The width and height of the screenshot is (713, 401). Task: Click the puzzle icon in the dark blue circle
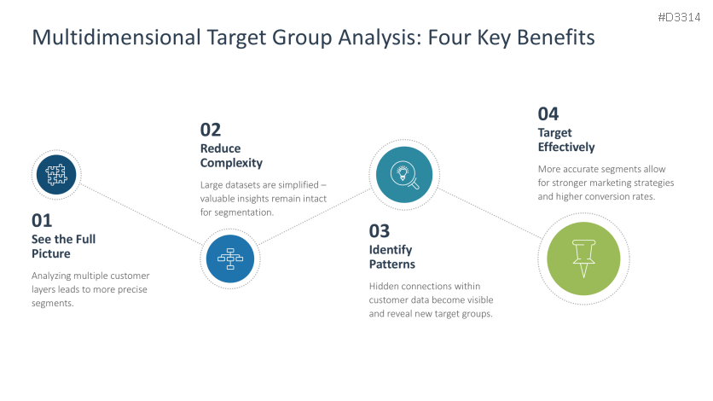tap(56, 175)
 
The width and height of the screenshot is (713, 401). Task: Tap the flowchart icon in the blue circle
tap(230, 259)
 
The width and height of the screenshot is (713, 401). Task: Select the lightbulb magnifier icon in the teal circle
tap(404, 175)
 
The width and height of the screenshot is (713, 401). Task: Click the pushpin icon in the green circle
tap(584, 259)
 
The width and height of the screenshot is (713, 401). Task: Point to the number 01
tap(42, 220)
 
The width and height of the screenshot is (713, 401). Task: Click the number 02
tap(211, 130)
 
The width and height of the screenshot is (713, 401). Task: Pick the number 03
tap(380, 231)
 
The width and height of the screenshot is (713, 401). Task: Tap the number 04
tap(548, 114)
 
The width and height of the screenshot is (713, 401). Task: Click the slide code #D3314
tap(679, 17)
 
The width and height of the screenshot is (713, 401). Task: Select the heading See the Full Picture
tap(63, 246)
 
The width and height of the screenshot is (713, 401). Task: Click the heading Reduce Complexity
tap(231, 155)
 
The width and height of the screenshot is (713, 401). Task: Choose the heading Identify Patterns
tap(392, 257)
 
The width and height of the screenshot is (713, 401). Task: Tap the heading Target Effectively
tap(566, 140)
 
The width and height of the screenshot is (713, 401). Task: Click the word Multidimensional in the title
tap(116, 38)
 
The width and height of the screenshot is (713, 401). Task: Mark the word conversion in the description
tap(618, 196)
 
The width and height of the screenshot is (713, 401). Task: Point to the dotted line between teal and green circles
tap(490, 213)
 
